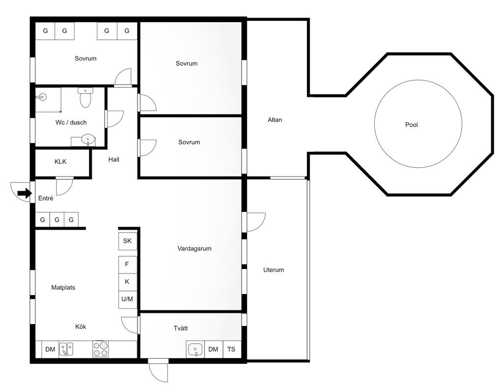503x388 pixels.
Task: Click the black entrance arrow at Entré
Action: pyautogui.click(x=24, y=193)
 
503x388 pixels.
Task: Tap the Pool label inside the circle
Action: pyautogui.click(x=411, y=124)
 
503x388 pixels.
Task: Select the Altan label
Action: pyautogui.click(x=275, y=120)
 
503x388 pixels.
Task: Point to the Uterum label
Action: pyautogui.click(x=273, y=270)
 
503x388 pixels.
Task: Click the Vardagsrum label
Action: pyautogui.click(x=195, y=248)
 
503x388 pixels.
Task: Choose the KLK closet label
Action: pyautogui.click(x=60, y=162)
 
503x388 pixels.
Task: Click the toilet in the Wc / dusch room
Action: pyautogui.click(x=85, y=97)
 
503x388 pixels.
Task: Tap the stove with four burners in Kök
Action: pyautogui.click(x=100, y=349)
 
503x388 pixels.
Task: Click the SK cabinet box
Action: pyautogui.click(x=128, y=241)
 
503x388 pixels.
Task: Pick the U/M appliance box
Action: pyautogui.click(x=127, y=299)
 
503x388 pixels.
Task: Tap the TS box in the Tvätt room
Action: pyautogui.click(x=231, y=350)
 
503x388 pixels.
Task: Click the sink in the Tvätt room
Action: pyautogui.click(x=195, y=350)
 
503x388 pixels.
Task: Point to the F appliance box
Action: pyautogui.click(x=127, y=265)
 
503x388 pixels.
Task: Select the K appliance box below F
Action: pyautogui.click(x=127, y=282)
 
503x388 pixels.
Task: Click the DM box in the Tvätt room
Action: pyautogui.click(x=213, y=350)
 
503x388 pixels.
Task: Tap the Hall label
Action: pyautogui.click(x=114, y=160)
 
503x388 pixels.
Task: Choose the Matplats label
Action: pyautogui.click(x=63, y=288)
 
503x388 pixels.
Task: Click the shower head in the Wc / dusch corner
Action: pyautogui.click(x=42, y=96)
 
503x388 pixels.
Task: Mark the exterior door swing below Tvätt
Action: pyautogui.click(x=159, y=373)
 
